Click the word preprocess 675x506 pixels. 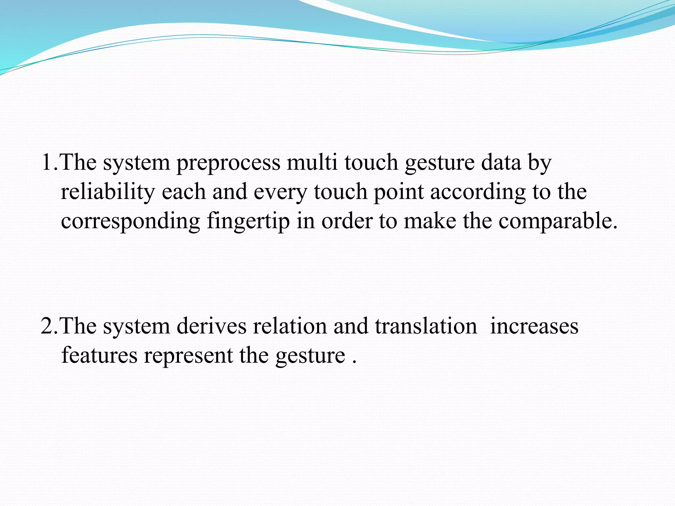tap(228, 163)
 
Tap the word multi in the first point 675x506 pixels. tap(312, 162)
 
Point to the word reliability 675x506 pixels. tap(107, 192)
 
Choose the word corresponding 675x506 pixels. tap(131, 222)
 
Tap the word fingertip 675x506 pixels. tap(249, 222)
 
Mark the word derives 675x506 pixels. tap(211, 326)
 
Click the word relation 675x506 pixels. tap(290, 326)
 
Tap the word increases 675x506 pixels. tap(534, 326)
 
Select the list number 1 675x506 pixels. tap(47, 162)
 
